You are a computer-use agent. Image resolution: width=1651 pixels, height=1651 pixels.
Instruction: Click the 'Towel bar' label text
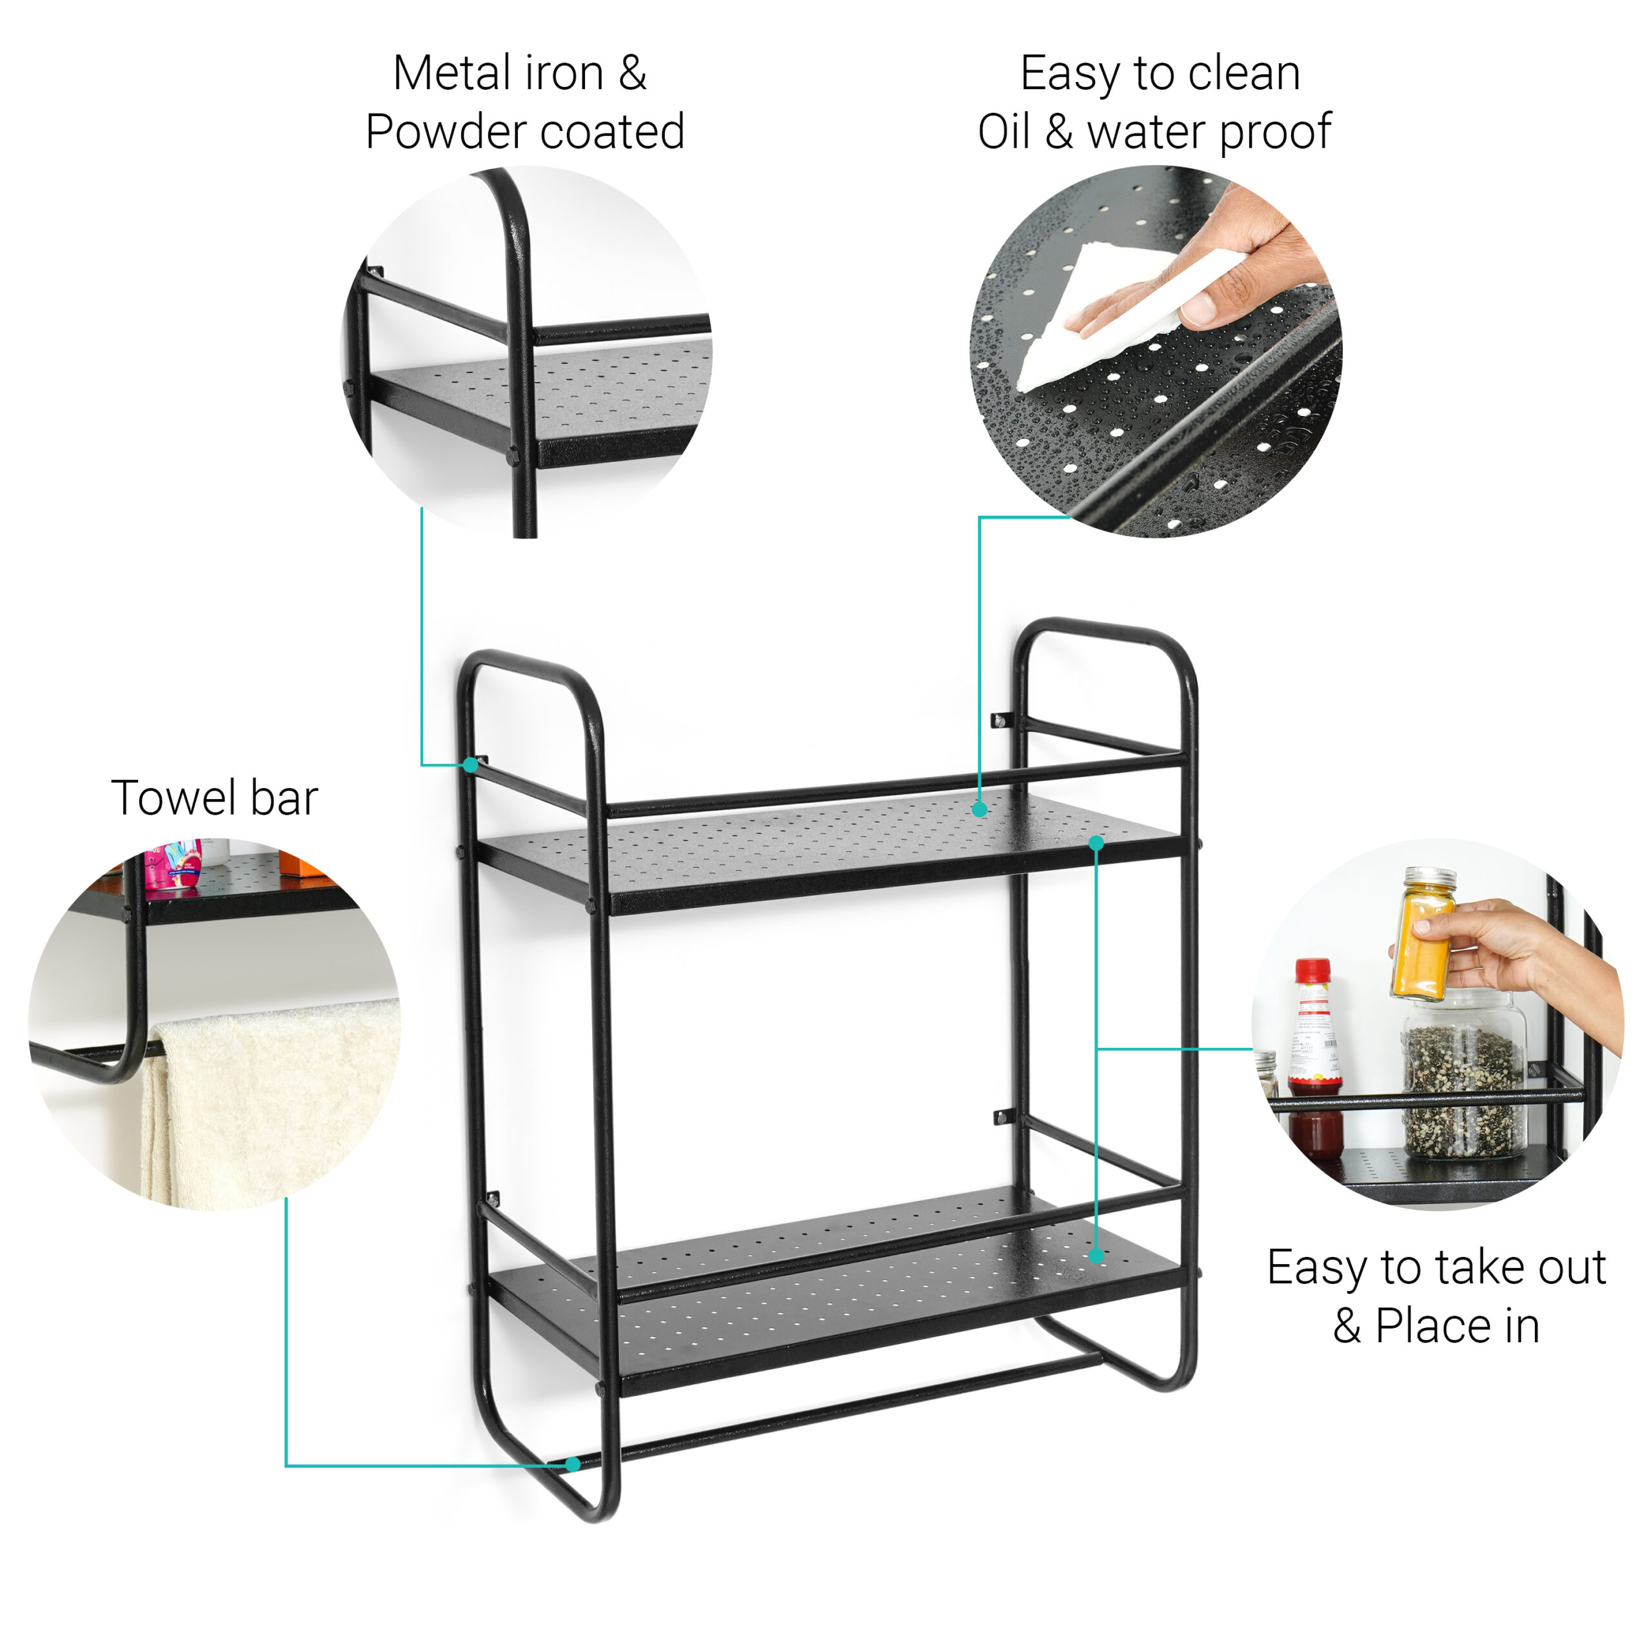(215, 798)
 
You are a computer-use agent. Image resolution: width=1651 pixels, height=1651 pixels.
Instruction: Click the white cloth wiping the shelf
(1102, 316)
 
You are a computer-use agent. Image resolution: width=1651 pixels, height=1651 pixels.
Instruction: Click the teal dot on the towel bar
(573, 1465)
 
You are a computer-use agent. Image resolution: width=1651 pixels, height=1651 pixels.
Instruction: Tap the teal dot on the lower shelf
(1096, 1256)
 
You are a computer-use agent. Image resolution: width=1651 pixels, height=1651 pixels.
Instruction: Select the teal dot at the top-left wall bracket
(471, 765)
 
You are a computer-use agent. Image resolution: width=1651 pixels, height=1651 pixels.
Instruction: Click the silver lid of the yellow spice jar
(1430, 879)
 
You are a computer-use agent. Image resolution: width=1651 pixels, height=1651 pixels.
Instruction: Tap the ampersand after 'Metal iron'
(633, 73)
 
